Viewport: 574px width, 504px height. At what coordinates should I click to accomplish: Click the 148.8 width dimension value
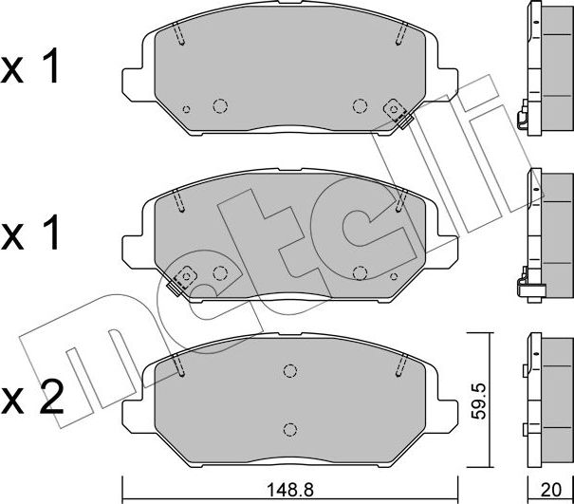(x=290, y=490)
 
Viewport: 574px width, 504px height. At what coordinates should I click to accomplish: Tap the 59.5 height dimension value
(x=478, y=401)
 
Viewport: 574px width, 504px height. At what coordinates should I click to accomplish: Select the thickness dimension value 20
(x=551, y=490)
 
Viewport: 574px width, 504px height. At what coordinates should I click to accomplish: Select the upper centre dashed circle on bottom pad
(x=290, y=371)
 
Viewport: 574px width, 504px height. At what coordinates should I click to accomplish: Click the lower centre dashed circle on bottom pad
(x=290, y=429)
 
